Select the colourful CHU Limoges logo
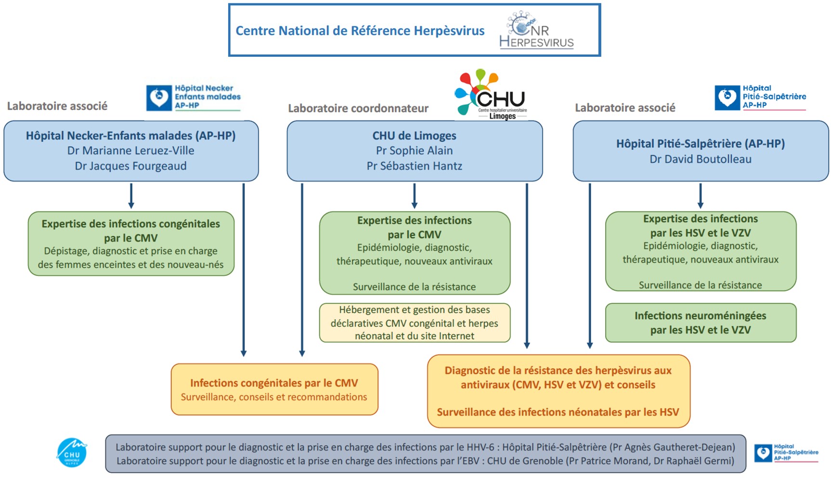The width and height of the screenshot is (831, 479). [x=491, y=94]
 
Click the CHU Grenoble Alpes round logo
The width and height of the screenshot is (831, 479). [x=72, y=453]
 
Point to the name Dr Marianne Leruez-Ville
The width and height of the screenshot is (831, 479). [x=130, y=151]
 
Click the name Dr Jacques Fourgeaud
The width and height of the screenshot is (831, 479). [x=130, y=166]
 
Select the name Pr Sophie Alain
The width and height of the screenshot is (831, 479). [x=414, y=151]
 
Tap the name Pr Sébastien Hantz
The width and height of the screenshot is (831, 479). [x=414, y=166]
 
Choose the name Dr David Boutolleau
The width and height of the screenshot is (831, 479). [x=700, y=159]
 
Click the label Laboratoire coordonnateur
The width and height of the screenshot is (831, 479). [x=358, y=108]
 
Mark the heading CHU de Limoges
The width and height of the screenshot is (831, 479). [x=414, y=136]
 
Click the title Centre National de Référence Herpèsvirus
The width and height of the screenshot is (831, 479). [x=360, y=31]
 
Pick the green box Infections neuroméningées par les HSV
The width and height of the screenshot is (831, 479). [x=700, y=323]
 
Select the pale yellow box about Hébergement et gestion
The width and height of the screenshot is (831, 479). [x=414, y=323]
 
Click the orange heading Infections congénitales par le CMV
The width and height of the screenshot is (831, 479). [x=274, y=383]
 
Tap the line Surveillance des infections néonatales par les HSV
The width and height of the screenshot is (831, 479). [x=558, y=412]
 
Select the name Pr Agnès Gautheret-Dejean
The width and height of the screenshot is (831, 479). [x=672, y=447]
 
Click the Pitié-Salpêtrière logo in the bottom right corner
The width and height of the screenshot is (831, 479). [x=786, y=453]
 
